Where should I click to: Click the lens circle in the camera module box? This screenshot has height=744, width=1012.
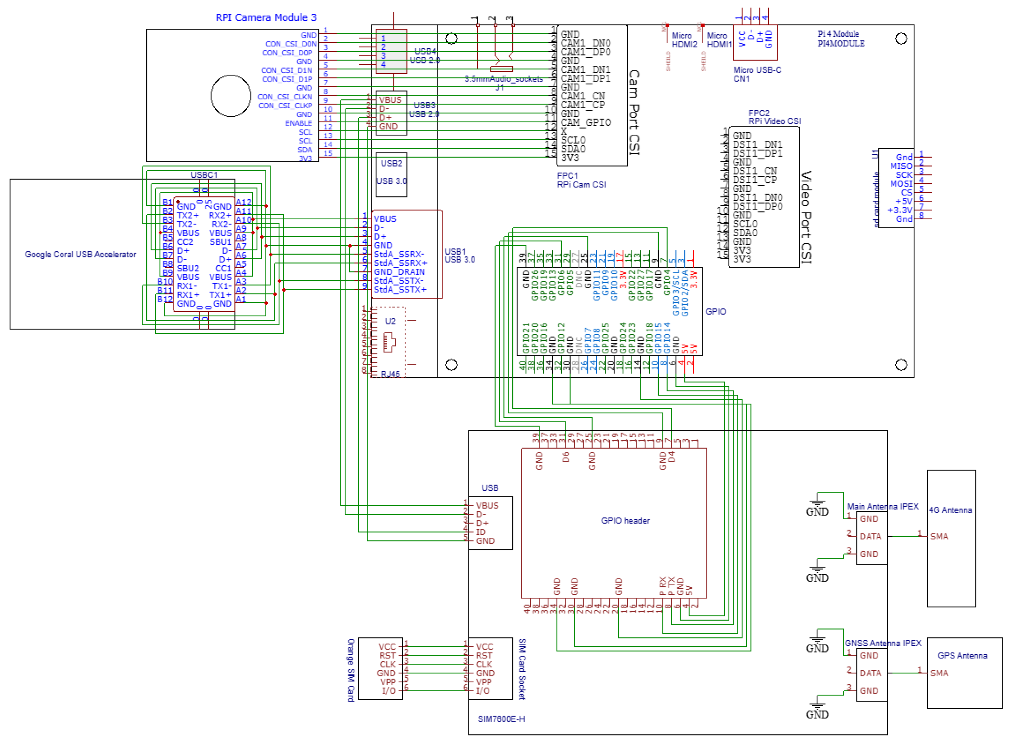click(231, 96)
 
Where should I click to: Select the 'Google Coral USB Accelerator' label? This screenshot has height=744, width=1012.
click(80, 255)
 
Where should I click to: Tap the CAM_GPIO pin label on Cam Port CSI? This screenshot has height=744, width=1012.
click(585, 122)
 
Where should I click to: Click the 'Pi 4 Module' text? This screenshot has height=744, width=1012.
click(838, 34)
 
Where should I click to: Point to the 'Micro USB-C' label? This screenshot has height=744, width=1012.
click(757, 70)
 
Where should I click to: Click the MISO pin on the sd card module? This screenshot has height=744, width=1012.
click(900, 166)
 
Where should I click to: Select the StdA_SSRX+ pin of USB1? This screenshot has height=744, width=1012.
click(400, 263)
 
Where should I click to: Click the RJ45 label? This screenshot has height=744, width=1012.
click(390, 374)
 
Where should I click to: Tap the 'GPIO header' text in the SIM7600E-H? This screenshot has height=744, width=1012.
click(625, 521)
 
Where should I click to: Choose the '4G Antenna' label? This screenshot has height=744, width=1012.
click(950, 510)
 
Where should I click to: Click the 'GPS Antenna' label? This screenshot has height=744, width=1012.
click(962, 656)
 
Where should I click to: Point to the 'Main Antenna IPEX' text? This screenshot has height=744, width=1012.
click(882, 507)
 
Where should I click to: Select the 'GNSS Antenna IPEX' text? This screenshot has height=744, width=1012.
click(882, 644)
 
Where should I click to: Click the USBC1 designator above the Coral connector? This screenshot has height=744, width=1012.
click(204, 175)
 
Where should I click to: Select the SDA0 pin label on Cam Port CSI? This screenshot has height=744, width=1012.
click(573, 149)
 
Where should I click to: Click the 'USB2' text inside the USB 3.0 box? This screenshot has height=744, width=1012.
click(391, 163)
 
